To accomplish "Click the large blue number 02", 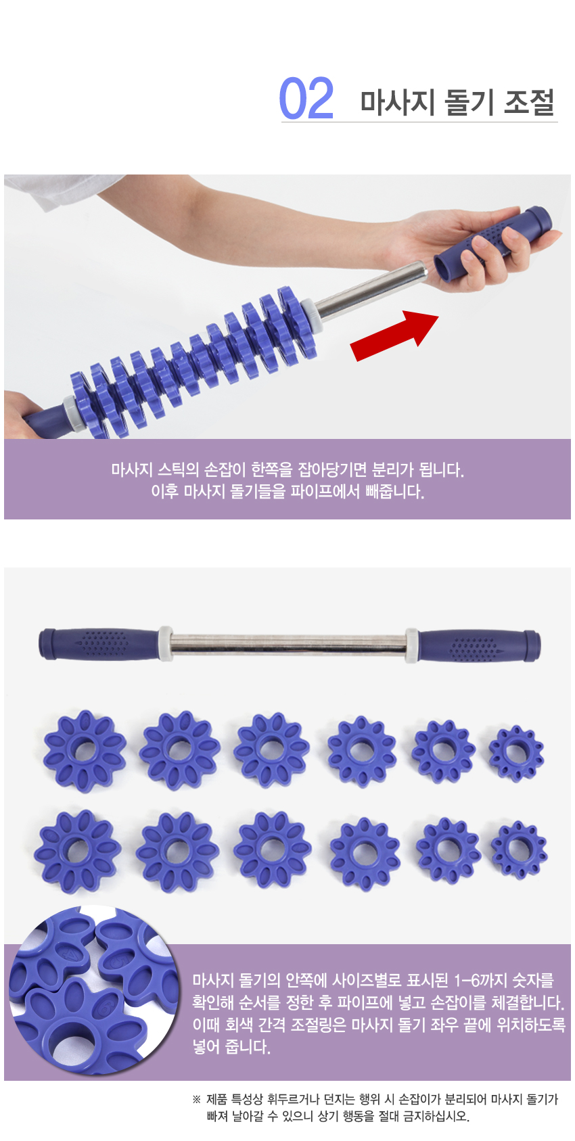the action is (306, 98).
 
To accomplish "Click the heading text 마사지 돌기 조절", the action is (457, 102).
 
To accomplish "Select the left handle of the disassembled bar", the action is (99, 645).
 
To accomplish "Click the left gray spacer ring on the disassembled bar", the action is (165, 644).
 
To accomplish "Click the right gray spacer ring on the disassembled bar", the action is (411, 646).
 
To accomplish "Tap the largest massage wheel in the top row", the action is (85, 751).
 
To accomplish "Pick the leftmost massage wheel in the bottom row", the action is (77, 851).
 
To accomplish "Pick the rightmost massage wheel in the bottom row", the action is (519, 849).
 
